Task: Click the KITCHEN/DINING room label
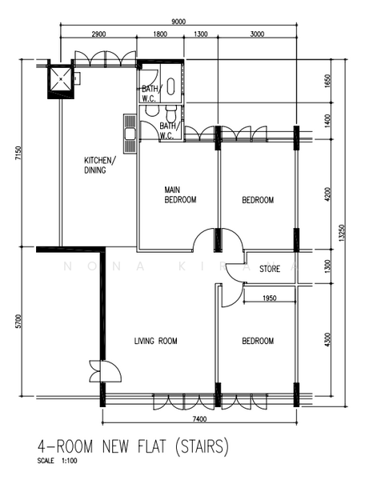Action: click(x=100, y=166)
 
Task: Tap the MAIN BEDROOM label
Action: click(x=180, y=195)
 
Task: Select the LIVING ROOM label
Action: click(x=155, y=342)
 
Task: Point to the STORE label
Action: click(x=270, y=270)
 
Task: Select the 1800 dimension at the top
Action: click(x=159, y=35)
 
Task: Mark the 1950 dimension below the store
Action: click(x=270, y=298)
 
